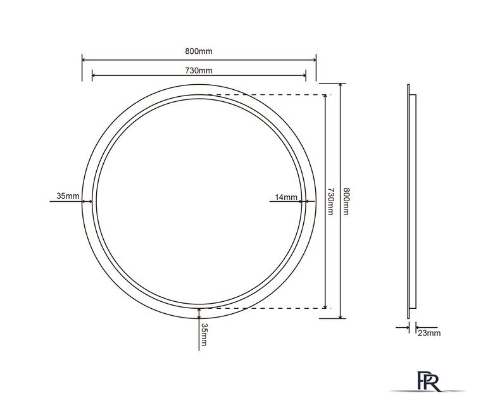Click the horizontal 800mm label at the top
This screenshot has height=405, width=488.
199,51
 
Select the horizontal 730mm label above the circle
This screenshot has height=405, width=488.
199,70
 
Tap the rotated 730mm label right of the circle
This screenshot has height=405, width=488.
330,201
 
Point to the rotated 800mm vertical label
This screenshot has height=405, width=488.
346,201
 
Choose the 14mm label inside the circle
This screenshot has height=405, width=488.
286,197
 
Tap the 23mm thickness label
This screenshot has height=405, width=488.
430,332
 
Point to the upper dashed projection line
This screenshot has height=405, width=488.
266,95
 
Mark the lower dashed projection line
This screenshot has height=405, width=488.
266,308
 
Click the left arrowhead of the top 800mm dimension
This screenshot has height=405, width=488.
84,59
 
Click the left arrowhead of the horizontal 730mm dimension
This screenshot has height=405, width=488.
94,76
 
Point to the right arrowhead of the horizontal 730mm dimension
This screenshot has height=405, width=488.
304,76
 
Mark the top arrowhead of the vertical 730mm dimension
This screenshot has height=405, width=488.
325,97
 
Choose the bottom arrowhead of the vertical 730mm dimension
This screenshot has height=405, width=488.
325,306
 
